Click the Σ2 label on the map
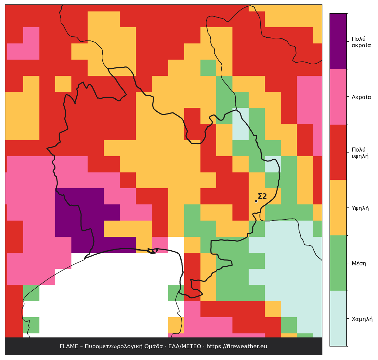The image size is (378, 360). (262, 196)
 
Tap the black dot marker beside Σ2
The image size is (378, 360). (256, 201)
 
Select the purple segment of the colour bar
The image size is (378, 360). (338, 41)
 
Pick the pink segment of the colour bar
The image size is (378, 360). (338, 97)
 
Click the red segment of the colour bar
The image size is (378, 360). (338, 152)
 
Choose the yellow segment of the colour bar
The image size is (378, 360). (338, 208)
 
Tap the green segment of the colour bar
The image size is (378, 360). (338, 263)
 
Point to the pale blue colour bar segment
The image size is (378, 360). (338, 319)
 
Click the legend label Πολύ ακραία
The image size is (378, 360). (361, 42)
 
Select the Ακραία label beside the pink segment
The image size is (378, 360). (361, 97)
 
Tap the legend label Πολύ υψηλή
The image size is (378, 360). (360, 153)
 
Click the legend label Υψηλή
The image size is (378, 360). (360, 208)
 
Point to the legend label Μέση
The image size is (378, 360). (359, 264)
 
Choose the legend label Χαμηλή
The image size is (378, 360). (362, 319)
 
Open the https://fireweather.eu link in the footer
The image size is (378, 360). (237, 347)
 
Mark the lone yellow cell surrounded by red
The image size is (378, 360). (63, 84)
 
